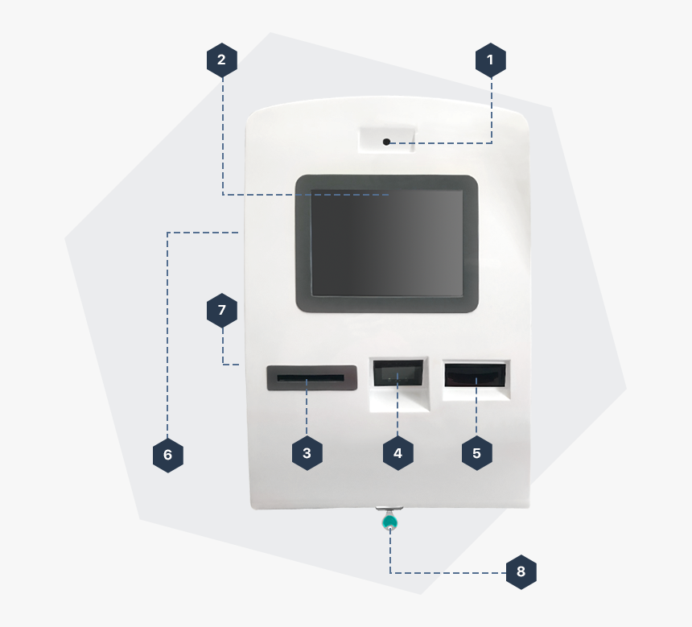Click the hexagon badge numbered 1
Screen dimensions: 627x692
coord(490,60)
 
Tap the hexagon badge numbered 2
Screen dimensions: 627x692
coord(222,60)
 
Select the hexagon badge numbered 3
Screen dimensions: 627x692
coord(307,453)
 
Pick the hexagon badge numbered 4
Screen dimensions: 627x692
coord(397,453)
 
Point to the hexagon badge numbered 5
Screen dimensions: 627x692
coord(476,453)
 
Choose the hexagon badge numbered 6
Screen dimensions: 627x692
coord(167,456)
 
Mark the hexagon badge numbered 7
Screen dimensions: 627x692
coord(222,310)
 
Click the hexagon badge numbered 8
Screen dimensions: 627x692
coord(521,572)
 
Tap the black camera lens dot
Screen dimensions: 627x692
coord(387,142)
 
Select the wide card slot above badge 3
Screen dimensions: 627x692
coord(311,377)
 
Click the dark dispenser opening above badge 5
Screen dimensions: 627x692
coord(476,373)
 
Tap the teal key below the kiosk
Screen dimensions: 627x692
coord(389,524)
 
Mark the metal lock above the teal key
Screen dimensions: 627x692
coord(389,509)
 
